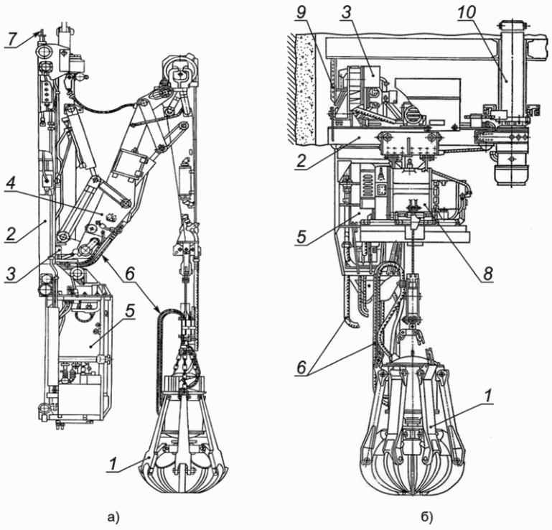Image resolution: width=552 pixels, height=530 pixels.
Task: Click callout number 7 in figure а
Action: (x=12, y=39)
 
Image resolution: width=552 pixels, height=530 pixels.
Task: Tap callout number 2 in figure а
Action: (x=11, y=234)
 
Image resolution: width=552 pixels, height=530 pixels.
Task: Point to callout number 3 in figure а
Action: (x=11, y=274)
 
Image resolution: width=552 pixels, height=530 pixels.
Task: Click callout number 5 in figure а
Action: (x=130, y=312)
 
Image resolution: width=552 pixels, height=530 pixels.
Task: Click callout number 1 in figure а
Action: (x=113, y=464)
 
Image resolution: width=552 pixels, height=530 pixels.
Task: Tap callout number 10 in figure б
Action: (x=467, y=12)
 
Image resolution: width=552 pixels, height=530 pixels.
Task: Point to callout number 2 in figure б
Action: (x=302, y=162)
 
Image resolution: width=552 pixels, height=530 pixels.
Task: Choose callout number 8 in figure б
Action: (x=487, y=274)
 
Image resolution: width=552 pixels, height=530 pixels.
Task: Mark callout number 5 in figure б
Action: (x=302, y=236)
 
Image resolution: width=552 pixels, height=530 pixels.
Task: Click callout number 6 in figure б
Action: (x=302, y=368)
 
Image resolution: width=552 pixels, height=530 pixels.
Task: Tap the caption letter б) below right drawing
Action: (x=427, y=517)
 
